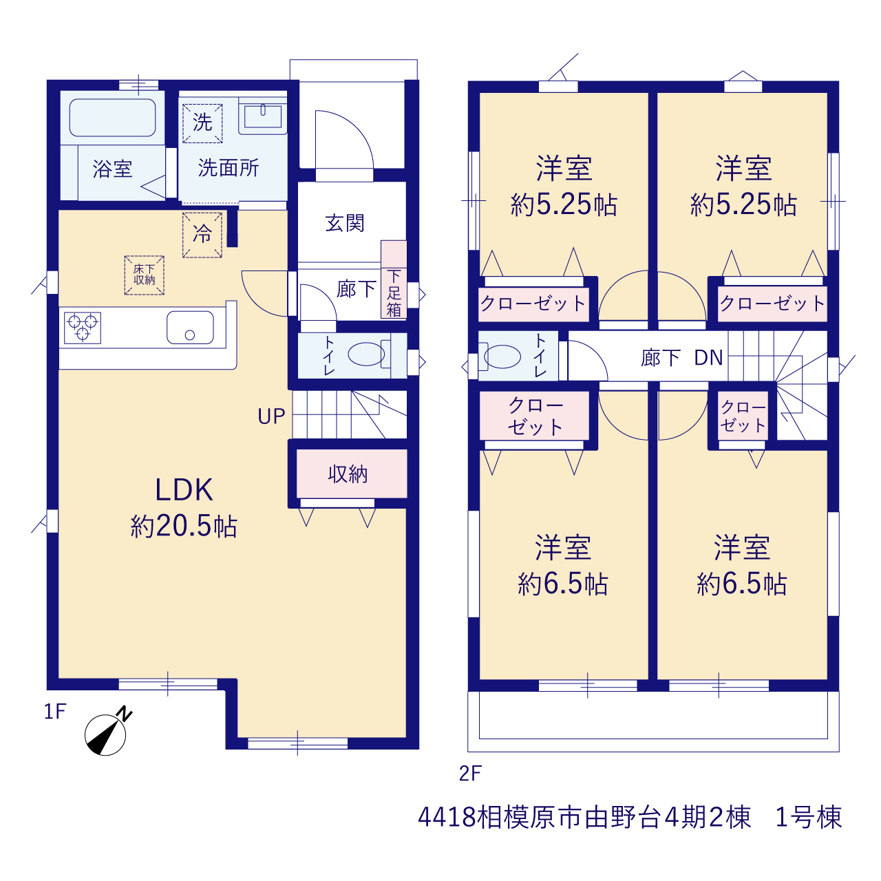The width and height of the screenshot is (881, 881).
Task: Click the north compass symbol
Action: click(x=106, y=733)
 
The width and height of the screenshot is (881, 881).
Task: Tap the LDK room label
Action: click(x=184, y=490)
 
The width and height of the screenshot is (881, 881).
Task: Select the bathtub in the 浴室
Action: click(x=112, y=118)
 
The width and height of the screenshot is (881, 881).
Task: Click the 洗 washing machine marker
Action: click(x=202, y=123)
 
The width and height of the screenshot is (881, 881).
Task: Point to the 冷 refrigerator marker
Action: click(x=202, y=235)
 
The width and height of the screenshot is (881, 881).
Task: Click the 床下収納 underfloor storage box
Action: click(x=144, y=275)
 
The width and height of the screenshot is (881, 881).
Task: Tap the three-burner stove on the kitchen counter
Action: click(x=83, y=328)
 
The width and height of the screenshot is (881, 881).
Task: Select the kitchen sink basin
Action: click(x=190, y=328)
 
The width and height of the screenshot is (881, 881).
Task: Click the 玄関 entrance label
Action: click(x=345, y=224)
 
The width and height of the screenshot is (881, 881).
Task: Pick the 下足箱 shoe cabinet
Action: click(x=394, y=279)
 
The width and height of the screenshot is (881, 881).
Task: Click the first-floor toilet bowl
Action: click(x=366, y=353)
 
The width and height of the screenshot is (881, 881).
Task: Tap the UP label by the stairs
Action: click(x=271, y=416)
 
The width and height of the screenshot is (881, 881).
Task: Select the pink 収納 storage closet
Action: click(x=352, y=474)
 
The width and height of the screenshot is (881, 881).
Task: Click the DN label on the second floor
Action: click(x=708, y=357)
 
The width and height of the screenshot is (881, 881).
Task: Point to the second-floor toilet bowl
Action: click(x=502, y=357)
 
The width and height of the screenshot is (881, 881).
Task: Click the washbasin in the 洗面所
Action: click(x=263, y=116)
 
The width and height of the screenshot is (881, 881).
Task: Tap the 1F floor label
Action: click(x=55, y=712)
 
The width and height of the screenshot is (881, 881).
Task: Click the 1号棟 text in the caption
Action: click(x=808, y=817)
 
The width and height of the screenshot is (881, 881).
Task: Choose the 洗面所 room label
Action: click(x=229, y=168)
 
